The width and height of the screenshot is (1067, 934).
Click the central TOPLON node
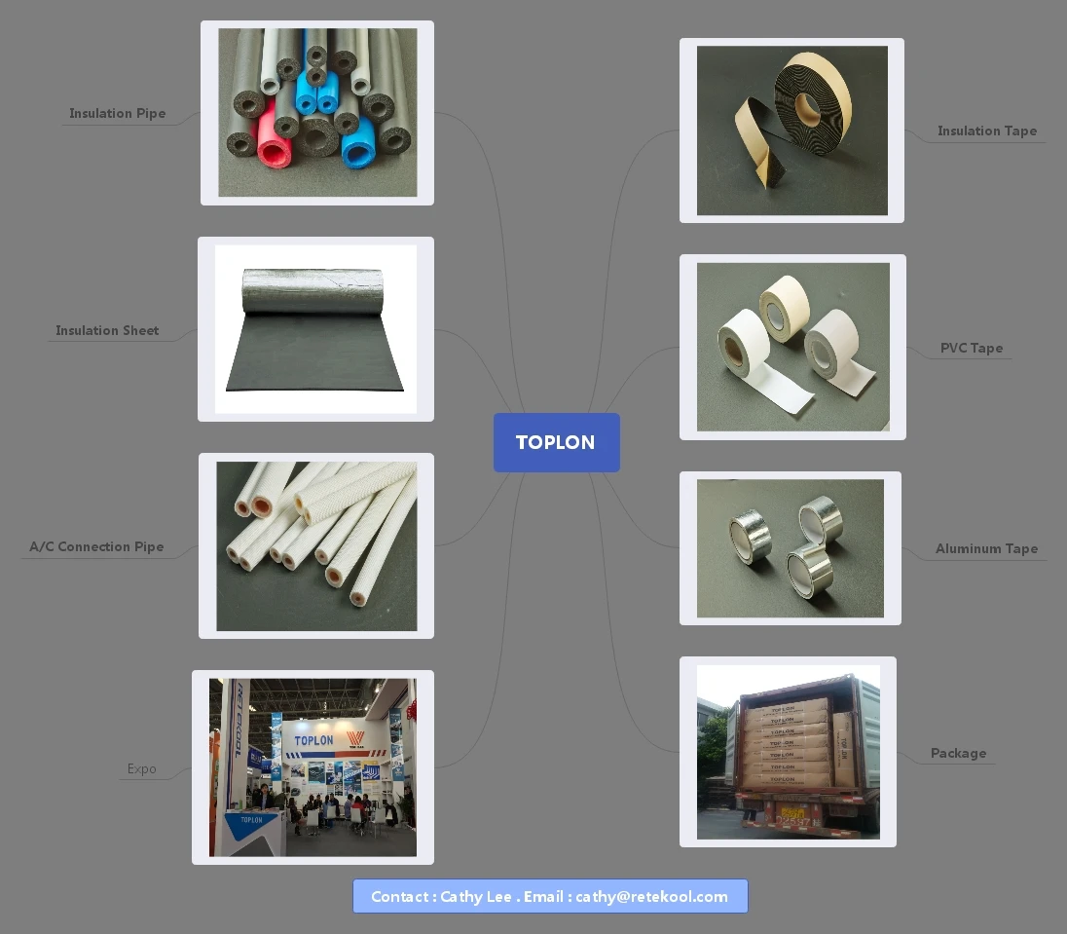[556, 442]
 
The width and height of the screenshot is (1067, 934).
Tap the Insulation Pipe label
[117, 113]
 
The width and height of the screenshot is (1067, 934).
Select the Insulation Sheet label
[107, 330]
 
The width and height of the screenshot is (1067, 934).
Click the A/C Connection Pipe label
[96, 546]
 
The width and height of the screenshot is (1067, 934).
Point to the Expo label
[141, 768]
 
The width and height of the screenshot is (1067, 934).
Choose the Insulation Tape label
[986, 131]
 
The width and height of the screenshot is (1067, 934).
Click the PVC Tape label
[971, 348]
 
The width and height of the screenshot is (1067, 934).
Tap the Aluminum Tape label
[986, 548]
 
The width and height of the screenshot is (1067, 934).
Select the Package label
[958, 753]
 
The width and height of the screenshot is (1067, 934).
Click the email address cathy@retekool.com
[651, 896]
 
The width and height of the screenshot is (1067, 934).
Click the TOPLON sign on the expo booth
[313, 740]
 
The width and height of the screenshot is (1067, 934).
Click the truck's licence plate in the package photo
[793, 813]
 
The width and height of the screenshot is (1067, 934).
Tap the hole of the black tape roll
[807, 103]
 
